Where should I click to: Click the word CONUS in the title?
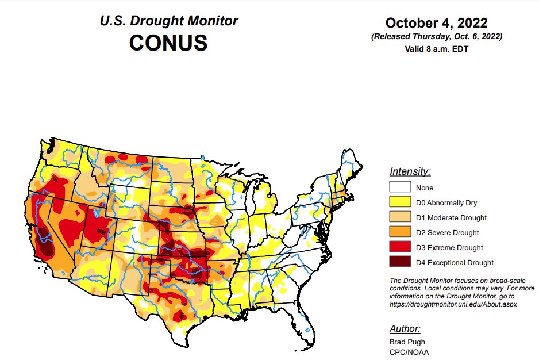[168, 43]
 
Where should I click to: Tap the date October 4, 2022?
[436, 23]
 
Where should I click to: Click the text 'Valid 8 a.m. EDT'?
[436, 48]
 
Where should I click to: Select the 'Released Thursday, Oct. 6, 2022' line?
[436, 36]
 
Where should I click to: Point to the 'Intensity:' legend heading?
[410, 171]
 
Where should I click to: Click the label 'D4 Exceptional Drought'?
[455, 263]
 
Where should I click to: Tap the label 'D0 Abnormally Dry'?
[446, 203]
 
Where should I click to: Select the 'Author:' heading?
[405, 329]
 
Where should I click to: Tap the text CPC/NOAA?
[409, 352]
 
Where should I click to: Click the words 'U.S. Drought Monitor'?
[168, 21]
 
